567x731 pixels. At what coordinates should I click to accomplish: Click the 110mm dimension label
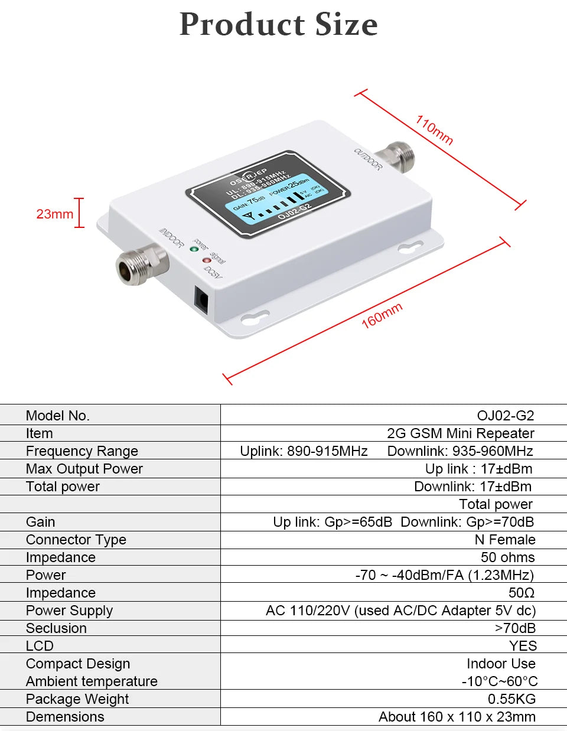click(434, 130)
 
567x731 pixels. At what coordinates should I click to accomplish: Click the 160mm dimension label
click(382, 315)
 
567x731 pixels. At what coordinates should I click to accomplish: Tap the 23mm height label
click(55, 214)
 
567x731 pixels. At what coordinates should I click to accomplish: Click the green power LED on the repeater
click(194, 249)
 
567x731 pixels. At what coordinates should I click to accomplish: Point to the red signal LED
click(206, 260)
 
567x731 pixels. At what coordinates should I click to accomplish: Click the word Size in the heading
click(346, 25)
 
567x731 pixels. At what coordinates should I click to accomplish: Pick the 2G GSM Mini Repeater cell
click(460, 433)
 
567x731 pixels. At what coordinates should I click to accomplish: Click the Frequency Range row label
click(82, 451)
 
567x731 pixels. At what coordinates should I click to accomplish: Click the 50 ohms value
click(507, 557)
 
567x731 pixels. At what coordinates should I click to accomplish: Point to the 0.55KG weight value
click(511, 699)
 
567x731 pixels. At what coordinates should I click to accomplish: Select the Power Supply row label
click(69, 611)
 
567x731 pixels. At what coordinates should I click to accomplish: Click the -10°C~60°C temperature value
click(499, 681)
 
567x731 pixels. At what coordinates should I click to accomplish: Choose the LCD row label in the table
click(40, 646)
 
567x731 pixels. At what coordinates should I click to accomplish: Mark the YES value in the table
click(523, 646)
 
